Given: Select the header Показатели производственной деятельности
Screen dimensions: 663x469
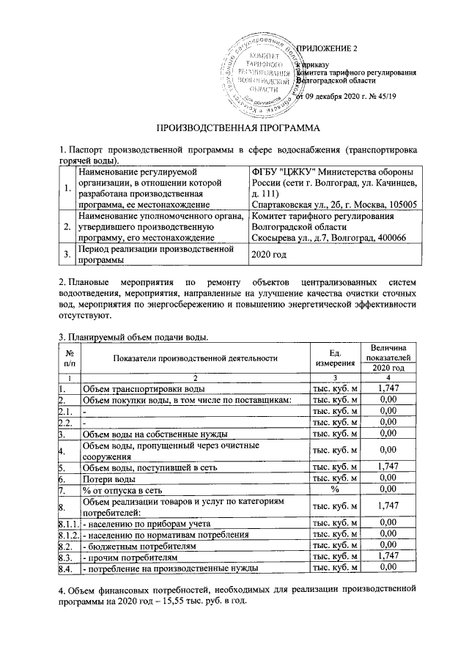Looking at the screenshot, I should (195, 358).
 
